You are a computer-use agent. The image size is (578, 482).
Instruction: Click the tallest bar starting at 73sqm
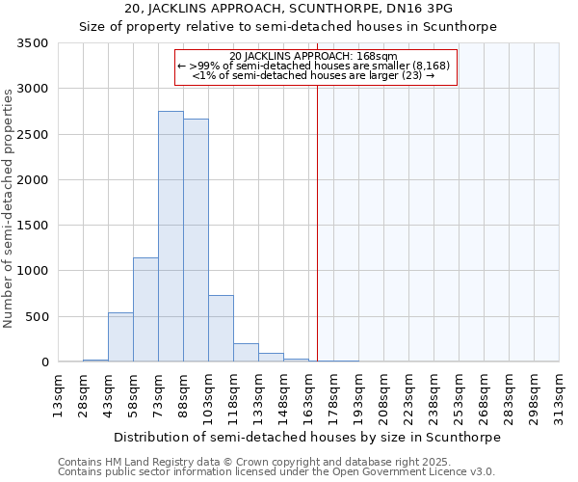click(x=171, y=236)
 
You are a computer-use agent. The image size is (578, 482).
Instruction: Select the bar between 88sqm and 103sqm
click(x=196, y=240)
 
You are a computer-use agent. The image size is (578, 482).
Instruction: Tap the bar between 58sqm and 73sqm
click(x=145, y=309)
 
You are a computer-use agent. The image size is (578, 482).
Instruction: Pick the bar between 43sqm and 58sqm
click(x=120, y=337)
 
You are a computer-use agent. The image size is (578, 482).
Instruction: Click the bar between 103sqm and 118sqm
click(x=221, y=329)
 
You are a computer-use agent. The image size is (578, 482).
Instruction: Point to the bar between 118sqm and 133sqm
click(x=246, y=353)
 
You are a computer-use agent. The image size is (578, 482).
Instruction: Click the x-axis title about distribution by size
click(x=307, y=437)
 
